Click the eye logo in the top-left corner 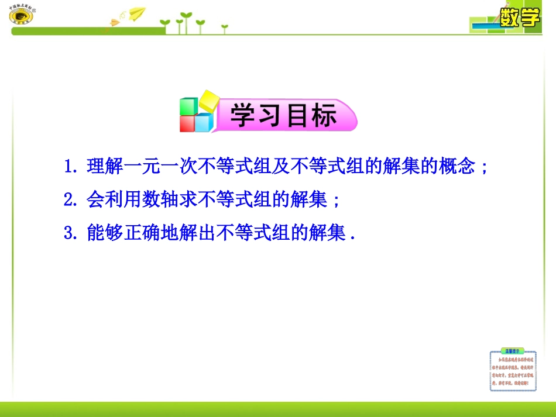(22, 16)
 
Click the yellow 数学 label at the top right (519, 18)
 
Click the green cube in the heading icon (188, 106)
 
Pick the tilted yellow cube (208, 101)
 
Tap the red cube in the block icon (187, 123)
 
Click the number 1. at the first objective (71, 167)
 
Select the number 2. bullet (71, 201)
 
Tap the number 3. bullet (71, 234)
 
